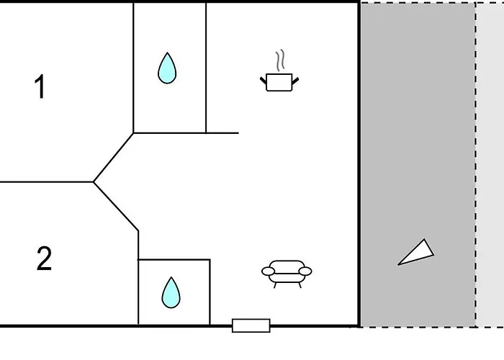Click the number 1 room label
[x=40, y=86]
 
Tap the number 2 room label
[x=44, y=258]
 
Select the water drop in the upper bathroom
[x=167, y=68]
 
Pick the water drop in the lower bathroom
[x=171, y=292]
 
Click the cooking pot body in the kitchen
[x=279, y=82]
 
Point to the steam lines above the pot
[x=280, y=60]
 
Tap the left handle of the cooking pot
[x=264, y=81]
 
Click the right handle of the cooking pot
[x=295, y=81]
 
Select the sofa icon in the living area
[x=287, y=274]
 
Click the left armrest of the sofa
[x=268, y=271]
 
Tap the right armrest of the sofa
[x=305, y=271]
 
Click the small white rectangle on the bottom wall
[x=251, y=325]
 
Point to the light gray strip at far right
[x=490, y=165]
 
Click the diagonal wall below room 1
[x=114, y=158]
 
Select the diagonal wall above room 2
[x=116, y=207]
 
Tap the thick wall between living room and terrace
[x=359, y=164]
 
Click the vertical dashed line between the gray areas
[x=476, y=165]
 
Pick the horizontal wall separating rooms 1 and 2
[x=47, y=182]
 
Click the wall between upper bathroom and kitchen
[x=206, y=68]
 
